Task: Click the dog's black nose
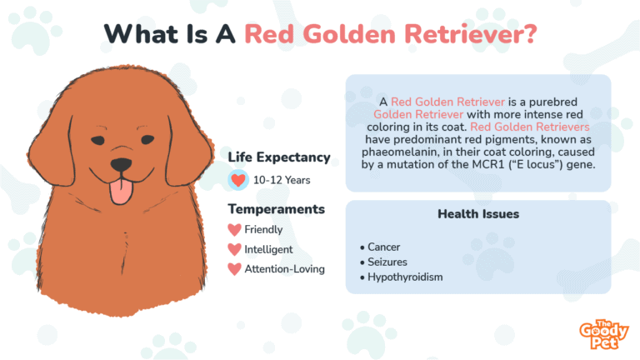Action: click(121, 164)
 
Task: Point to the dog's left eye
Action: click(97, 140)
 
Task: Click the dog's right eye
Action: click(147, 140)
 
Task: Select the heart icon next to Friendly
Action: click(234, 230)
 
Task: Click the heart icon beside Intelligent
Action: click(234, 249)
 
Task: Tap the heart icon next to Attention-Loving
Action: click(234, 269)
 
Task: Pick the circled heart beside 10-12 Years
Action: click(238, 180)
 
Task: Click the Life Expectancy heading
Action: click(279, 157)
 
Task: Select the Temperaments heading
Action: click(277, 209)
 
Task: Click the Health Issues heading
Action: click(478, 214)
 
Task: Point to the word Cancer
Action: click(383, 247)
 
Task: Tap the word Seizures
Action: click(387, 262)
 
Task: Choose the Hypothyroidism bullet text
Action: click(405, 277)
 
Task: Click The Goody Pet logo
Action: click(603, 334)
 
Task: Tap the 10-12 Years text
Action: click(282, 180)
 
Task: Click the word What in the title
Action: click(141, 34)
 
